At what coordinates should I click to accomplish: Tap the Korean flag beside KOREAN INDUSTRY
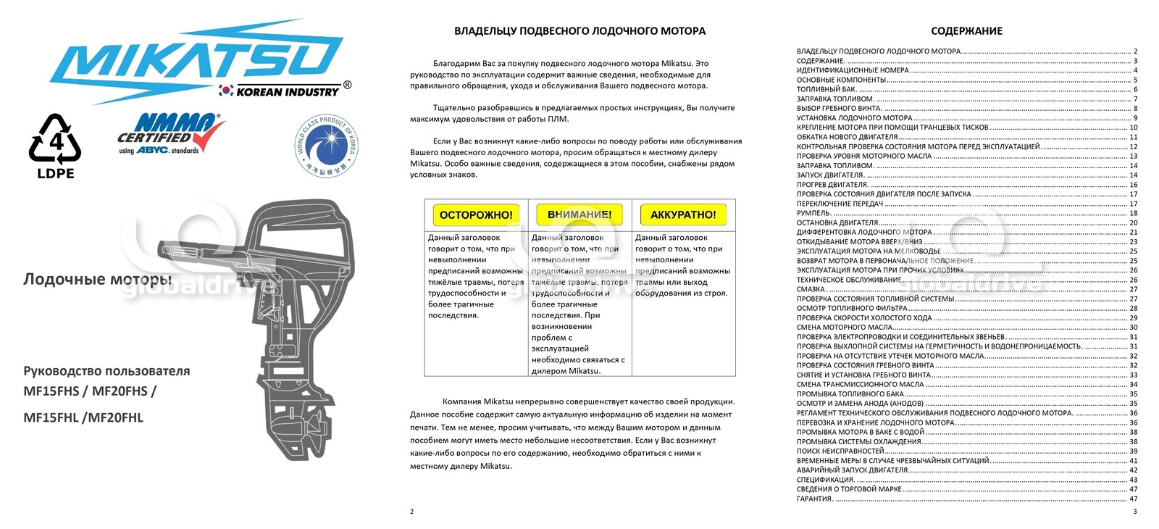226,91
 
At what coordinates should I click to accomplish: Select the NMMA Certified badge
170,133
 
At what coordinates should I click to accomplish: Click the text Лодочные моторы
97,279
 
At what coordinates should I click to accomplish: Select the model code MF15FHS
51,391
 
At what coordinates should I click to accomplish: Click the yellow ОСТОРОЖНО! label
476,214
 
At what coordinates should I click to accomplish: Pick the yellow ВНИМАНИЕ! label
579,214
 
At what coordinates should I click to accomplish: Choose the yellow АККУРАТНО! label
683,214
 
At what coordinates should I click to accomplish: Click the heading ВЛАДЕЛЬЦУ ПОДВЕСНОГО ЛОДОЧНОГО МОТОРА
579,31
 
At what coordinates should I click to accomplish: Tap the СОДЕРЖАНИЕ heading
966,31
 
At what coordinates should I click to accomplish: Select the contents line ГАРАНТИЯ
814,499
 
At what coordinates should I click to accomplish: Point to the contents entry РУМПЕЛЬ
813,213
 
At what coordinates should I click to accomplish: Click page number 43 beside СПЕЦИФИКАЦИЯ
1133,480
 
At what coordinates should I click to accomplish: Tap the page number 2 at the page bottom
412,512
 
